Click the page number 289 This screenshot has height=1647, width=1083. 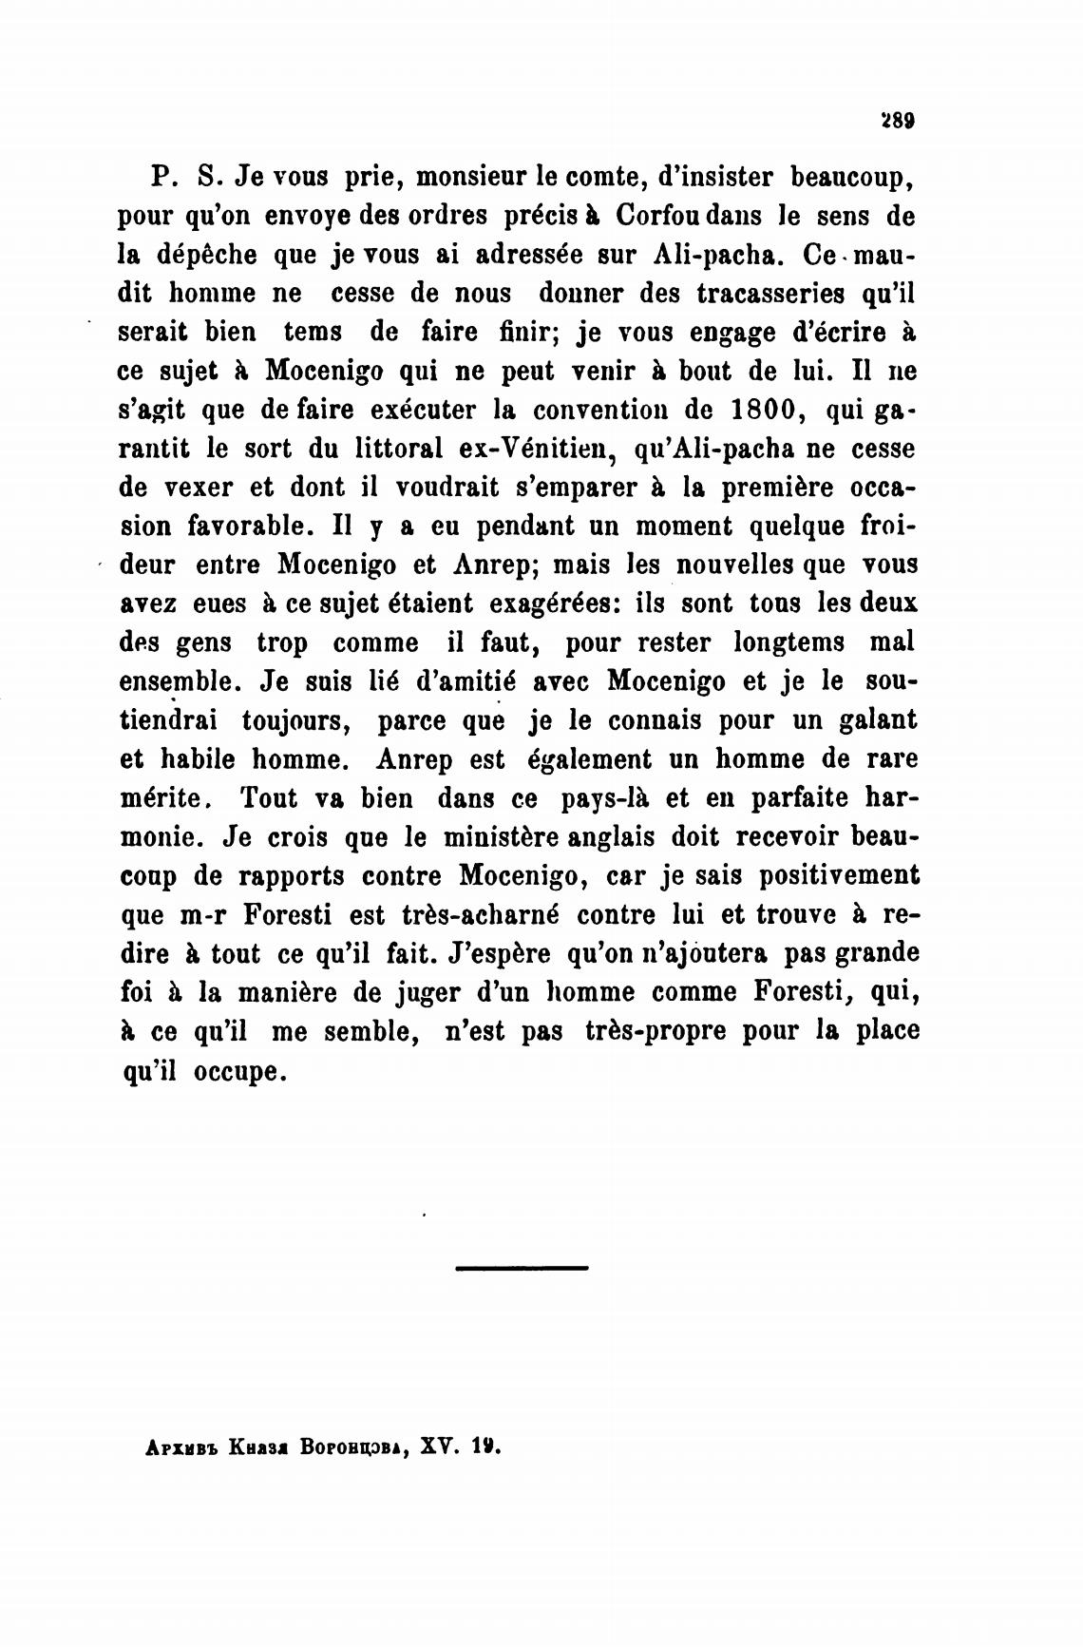click(x=898, y=121)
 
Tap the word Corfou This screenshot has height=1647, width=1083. click(x=660, y=216)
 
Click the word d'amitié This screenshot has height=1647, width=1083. click(x=463, y=681)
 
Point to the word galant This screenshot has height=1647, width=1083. click(x=879, y=720)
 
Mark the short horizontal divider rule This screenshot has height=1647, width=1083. click(x=522, y=1267)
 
